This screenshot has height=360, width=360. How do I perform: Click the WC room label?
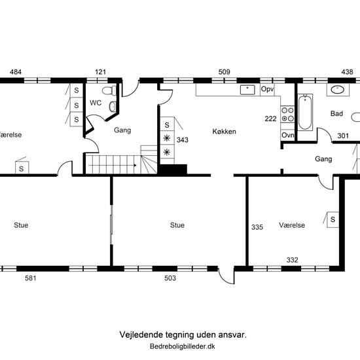(96, 103)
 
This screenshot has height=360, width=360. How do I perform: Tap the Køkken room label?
(224, 132)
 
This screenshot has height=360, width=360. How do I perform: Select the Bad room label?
(336, 113)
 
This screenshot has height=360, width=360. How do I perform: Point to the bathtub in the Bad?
(305, 113)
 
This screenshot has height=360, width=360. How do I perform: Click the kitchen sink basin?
(247, 90)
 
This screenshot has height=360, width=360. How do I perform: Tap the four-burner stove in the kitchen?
(287, 115)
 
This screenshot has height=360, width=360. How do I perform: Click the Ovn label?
(288, 135)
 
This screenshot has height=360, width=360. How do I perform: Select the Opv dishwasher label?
(268, 89)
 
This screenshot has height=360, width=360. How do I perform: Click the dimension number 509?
(224, 72)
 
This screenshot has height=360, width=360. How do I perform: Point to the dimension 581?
(31, 278)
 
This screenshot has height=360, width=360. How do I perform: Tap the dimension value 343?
(183, 140)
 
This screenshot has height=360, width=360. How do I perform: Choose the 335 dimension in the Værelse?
(257, 227)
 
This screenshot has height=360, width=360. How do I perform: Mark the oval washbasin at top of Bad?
(338, 90)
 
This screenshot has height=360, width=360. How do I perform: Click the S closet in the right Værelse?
(333, 219)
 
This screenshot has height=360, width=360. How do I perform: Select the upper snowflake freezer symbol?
(167, 138)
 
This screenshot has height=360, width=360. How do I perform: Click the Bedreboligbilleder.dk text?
(183, 346)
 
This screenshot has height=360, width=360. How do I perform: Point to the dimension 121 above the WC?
(100, 72)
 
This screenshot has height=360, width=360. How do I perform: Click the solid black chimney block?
(173, 170)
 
